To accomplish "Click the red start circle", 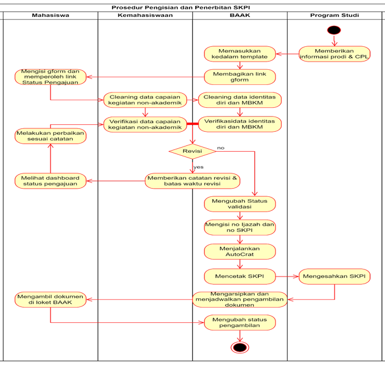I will click(x=334, y=30).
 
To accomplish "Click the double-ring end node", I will click(x=240, y=347).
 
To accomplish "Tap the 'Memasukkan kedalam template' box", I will click(x=240, y=53).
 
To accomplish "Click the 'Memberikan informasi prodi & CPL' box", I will click(x=334, y=53).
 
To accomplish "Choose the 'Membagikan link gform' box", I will click(x=240, y=77).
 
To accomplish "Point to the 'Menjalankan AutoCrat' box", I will click(x=240, y=251).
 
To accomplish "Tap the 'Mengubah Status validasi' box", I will click(x=240, y=203).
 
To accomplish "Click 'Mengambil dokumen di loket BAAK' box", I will click(x=50, y=299).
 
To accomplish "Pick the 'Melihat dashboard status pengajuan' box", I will click(x=50, y=181).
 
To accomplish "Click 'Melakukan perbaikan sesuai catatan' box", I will click(x=50, y=137).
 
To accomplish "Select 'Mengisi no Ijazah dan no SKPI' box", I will click(x=240, y=227).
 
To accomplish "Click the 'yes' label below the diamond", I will click(x=198, y=166).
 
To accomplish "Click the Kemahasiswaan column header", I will click(x=145, y=15).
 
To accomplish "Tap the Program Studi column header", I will click(x=334, y=15).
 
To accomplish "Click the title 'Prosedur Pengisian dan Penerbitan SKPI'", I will click(x=192, y=6).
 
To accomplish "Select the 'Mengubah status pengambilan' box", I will click(x=240, y=322).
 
